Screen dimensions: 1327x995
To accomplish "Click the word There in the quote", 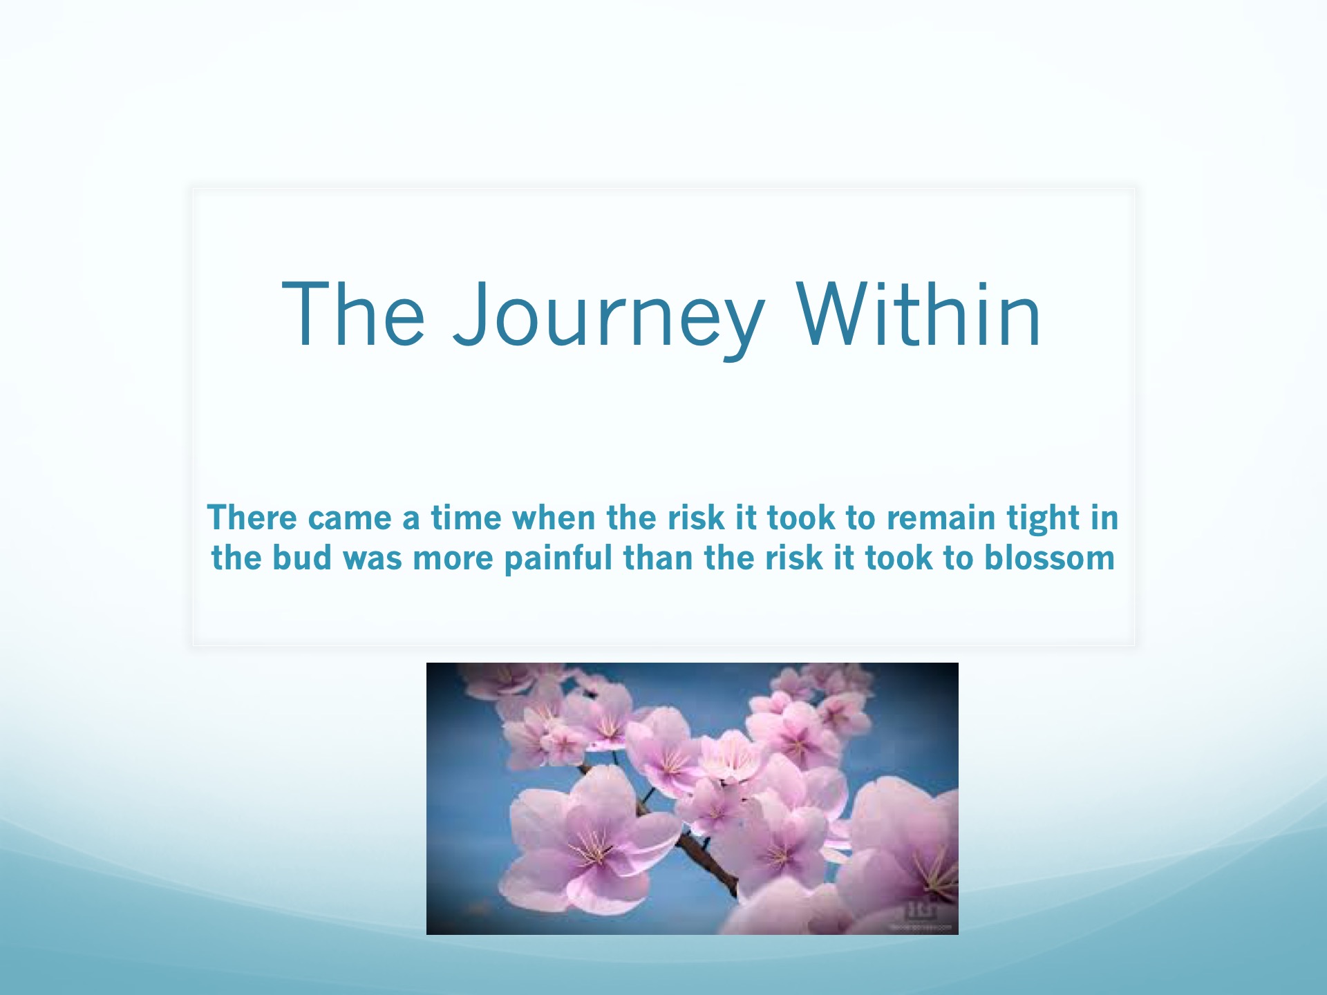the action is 252,518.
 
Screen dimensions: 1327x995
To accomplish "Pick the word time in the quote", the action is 466,518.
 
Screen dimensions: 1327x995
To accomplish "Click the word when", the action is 554,518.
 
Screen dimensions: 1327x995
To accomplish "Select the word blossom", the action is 1049,558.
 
